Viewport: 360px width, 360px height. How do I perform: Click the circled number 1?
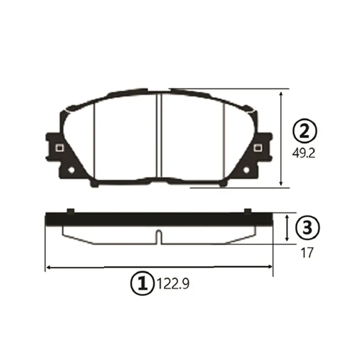(142, 283)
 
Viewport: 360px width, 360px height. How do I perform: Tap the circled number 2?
(305, 131)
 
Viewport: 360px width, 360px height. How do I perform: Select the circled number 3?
(307, 228)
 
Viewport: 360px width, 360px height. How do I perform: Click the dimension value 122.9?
(173, 284)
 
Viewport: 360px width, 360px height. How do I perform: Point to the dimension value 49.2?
(303, 153)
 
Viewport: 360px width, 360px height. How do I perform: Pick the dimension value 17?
(307, 252)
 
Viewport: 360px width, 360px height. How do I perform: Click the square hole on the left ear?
(59, 148)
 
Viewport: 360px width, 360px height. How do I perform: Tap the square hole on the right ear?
(257, 148)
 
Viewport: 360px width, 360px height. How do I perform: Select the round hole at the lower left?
(72, 170)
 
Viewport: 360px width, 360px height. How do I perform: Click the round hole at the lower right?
(246, 170)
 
